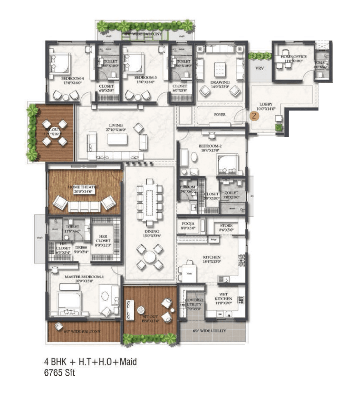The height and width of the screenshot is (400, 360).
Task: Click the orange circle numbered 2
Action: [x=254, y=116]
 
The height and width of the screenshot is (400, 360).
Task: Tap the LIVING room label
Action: [x=116, y=125]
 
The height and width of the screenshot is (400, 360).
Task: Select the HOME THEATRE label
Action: [x=83, y=187]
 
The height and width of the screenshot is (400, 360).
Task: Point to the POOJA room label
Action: [x=188, y=224]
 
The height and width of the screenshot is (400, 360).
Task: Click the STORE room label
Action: [x=226, y=225]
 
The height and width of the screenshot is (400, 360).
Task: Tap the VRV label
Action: [x=259, y=68]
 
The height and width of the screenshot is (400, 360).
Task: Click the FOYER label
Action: [x=220, y=115]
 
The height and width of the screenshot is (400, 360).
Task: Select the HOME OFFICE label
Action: [x=293, y=57]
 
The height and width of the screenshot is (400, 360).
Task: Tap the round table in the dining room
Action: [x=150, y=257]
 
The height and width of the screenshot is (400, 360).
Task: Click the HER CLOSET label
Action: [x=103, y=239]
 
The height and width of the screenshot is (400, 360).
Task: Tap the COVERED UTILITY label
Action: [x=194, y=302]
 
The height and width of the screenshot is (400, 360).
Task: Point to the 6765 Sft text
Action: [x=60, y=373]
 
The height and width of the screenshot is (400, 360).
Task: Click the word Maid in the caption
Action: [x=128, y=362]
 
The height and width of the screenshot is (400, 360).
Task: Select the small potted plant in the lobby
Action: [x=279, y=127]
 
